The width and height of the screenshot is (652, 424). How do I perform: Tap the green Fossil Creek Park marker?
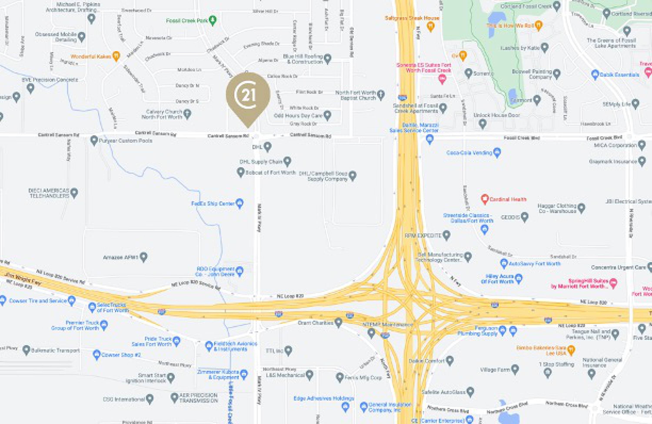click(x=212, y=20)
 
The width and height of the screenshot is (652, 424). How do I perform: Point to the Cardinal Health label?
click(x=508, y=199)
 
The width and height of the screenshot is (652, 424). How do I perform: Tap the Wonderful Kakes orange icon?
click(x=116, y=56)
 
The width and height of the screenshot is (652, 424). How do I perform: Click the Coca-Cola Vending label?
click(x=469, y=152)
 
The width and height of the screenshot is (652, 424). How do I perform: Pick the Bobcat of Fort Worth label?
click(x=270, y=173)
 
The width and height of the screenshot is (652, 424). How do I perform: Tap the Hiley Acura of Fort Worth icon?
click(x=518, y=279)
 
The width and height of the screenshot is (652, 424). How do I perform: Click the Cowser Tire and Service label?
click(x=38, y=301)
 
